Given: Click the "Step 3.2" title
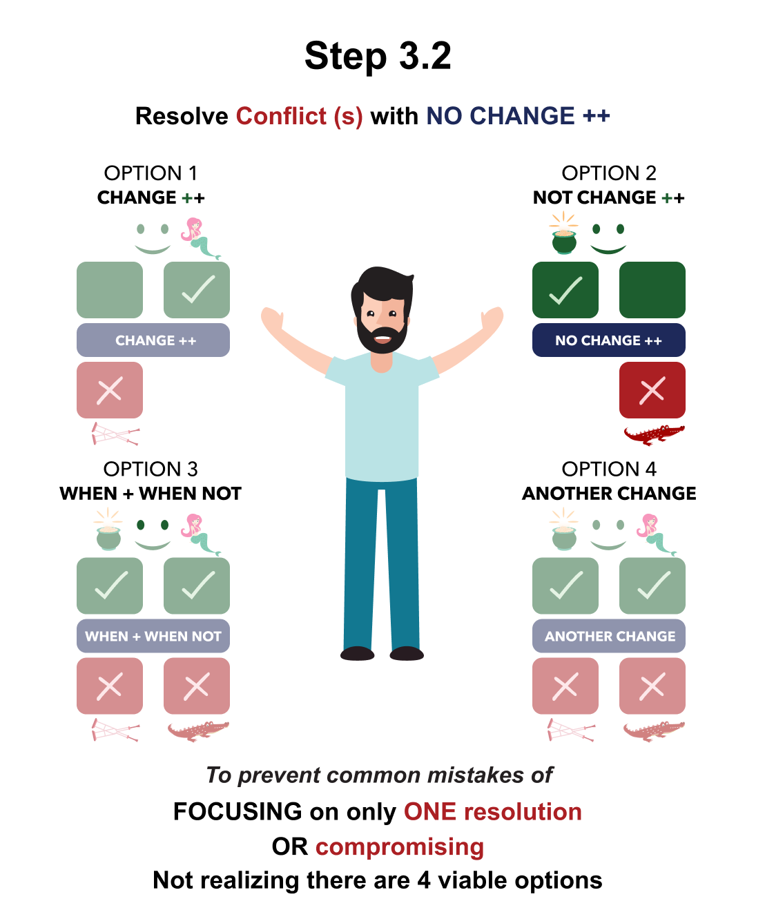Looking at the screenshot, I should [378, 56].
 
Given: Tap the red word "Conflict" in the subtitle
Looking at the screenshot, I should [281, 116].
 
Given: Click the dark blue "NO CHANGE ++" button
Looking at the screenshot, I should [608, 340].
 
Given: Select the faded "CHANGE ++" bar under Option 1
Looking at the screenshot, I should [153, 340].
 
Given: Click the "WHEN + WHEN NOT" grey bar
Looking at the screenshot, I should [153, 636].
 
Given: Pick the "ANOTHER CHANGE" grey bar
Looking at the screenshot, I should [608, 636].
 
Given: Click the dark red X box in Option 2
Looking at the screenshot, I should [652, 390].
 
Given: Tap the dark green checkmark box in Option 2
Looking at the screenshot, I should [565, 290].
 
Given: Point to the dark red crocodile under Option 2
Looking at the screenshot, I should [653, 434].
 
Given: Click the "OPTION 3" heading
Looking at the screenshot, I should [151, 470].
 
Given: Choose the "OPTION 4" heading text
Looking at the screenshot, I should [608, 470].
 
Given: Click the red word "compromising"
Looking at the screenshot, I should [400, 847].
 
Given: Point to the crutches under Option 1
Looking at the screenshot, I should [115, 434].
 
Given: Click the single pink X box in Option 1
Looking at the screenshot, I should [110, 390].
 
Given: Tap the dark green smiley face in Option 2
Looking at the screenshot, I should [608, 238].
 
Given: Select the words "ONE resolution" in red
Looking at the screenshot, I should [492, 812].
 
